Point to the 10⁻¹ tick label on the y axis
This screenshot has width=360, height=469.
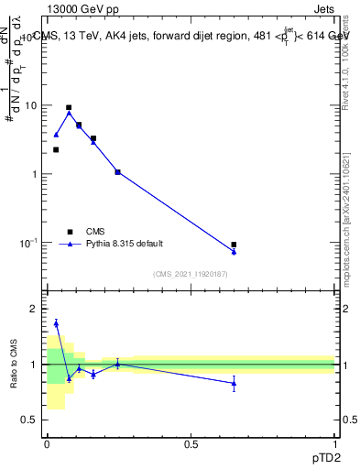(30, 242)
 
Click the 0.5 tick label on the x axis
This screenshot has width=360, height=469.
(191, 443)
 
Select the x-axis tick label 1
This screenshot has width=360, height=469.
(334, 443)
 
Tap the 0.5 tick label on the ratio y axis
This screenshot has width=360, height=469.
(32, 420)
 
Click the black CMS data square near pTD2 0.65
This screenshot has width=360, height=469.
(234, 245)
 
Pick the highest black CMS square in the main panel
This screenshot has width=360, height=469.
(69, 107)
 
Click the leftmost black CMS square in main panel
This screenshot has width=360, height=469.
(56, 149)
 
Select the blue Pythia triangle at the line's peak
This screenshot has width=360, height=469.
(69, 114)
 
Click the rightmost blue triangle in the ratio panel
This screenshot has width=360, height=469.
(234, 383)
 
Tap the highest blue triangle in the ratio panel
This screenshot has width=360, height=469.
(56, 322)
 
